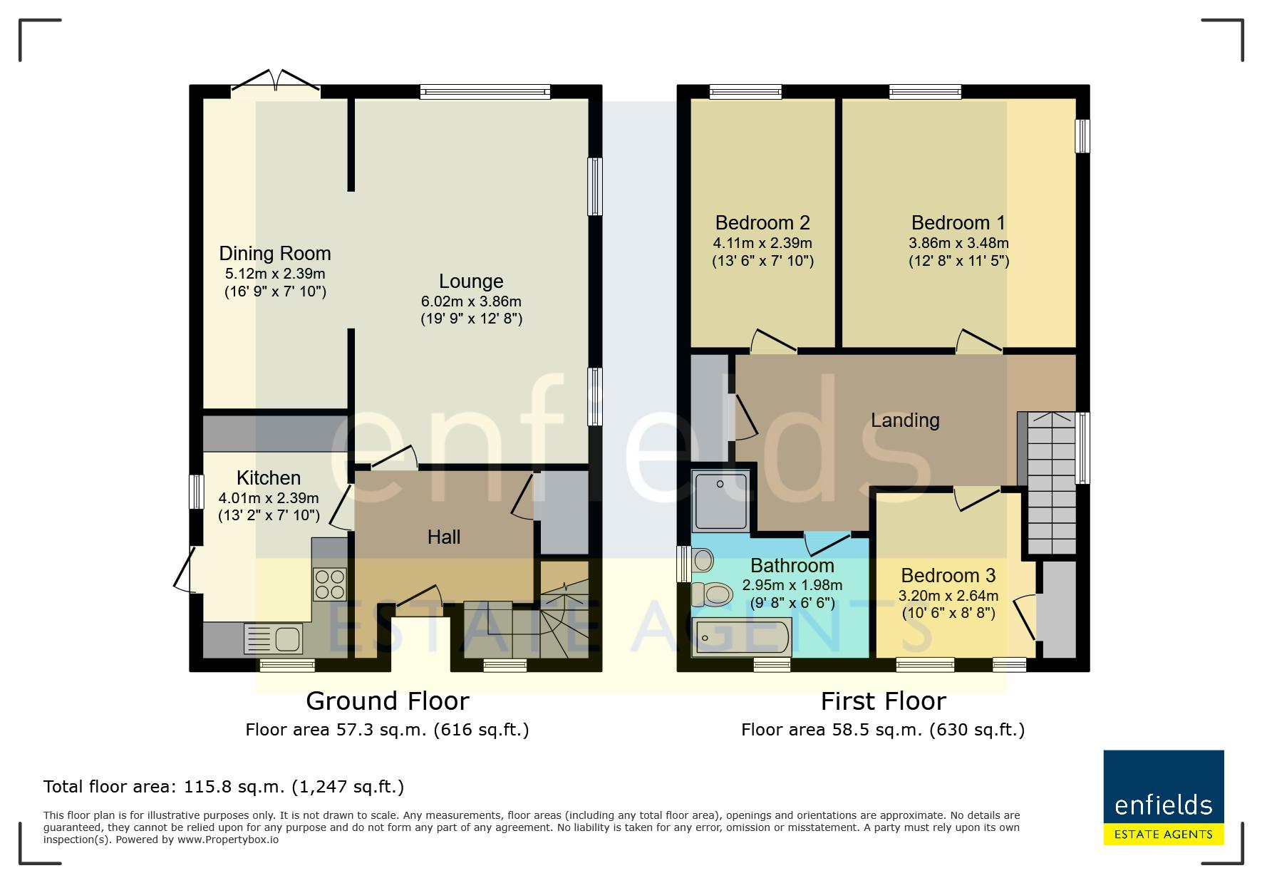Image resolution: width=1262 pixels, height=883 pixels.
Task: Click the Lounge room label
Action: coord(471,282)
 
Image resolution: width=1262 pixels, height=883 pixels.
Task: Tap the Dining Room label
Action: coord(275,254)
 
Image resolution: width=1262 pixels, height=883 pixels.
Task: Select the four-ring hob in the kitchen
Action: coord(329,584)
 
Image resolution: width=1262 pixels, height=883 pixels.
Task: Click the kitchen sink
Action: coord(273,639)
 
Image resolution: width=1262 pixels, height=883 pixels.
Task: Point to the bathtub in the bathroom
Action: coord(742,637)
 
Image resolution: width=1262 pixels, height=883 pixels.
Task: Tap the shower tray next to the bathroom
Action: coord(720,501)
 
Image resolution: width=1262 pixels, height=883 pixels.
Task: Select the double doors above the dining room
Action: coord(276,80)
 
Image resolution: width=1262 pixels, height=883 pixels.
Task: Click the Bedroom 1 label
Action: coord(958,223)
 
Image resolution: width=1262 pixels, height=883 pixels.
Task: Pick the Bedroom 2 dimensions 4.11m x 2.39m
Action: coord(762,243)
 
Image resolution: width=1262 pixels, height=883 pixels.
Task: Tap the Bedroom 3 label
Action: coord(948,576)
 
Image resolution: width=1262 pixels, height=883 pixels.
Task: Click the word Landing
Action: coord(905,420)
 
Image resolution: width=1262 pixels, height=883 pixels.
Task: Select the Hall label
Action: coord(443,537)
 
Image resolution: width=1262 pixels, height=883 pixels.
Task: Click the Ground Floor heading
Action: coord(388,701)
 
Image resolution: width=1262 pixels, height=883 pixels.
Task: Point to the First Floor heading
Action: coord(883,701)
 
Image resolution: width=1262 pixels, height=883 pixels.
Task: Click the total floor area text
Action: coord(224,787)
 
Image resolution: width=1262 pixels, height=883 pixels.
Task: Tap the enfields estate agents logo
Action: coord(1164,797)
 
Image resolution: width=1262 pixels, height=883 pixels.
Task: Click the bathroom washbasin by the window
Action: coord(703,560)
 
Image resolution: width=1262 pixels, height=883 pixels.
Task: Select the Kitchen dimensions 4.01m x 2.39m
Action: coord(269,497)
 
